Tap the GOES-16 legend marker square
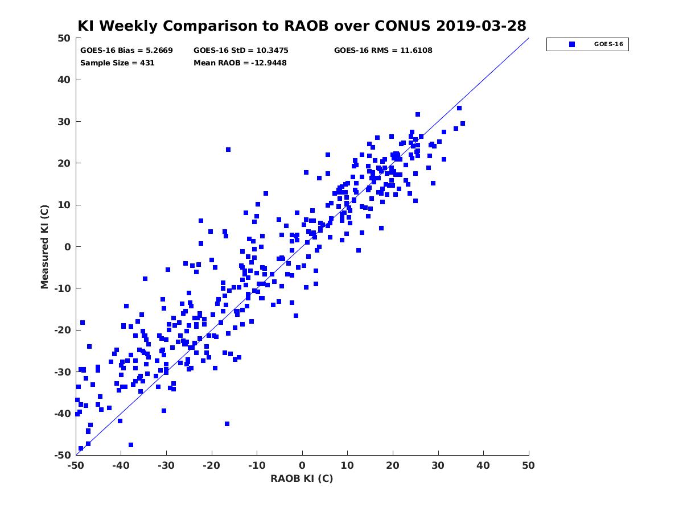pyautogui.click(x=571, y=44)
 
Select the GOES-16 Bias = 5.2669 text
pyautogui.click(x=126, y=51)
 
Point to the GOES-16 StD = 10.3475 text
pyautogui.click(x=241, y=51)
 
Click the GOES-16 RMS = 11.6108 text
pyautogui.click(x=383, y=51)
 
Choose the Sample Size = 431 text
pyautogui.click(x=117, y=63)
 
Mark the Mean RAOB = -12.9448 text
pyautogui.click(x=240, y=63)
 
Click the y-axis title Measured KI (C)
pyautogui.click(x=44, y=247)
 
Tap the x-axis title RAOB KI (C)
pyautogui.click(x=302, y=478)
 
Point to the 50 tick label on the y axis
pyautogui.click(x=64, y=38)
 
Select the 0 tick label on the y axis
pyautogui.click(x=68, y=247)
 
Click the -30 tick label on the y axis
pyautogui.click(x=63, y=372)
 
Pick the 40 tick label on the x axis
pyautogui.click(x=483, y=465)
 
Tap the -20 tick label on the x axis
pyautogui.click(x=211, y=465)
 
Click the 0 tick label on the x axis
pyautogui.click(x=302, y=465)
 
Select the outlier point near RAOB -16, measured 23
pyautogui.click(x=228, y=150)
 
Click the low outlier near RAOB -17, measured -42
pyautogui.click(x=227, y=424)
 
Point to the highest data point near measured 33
pyautogui.click(x=459, y=108)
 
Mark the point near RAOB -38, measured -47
pyautogui.click(x=131, y=445)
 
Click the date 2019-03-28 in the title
pyautogui.click(x=481, y=26)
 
